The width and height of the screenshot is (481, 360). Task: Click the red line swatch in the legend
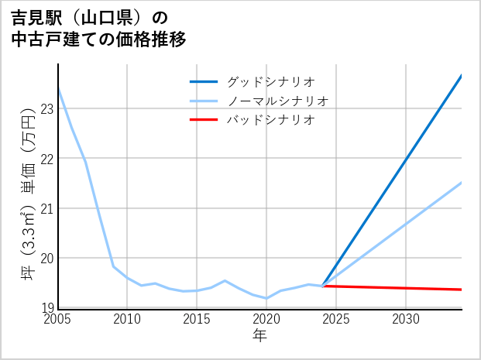[x=204, y=120]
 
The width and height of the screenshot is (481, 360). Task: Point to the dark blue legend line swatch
[x=204, y=81]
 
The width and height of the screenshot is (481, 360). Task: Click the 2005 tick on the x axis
[x=57, y=319]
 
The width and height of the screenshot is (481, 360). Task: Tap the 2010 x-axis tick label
[x=127, y=319]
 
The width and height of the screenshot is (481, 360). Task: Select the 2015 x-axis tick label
[x=197, y=319]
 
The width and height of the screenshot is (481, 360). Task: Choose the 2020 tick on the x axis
[x=266, y=319]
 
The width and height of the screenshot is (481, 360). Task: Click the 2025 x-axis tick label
[x=336, y=319]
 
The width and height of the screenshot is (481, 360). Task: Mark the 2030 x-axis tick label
[x=406, y=319]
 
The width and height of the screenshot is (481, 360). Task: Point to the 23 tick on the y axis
[x=46, y=109]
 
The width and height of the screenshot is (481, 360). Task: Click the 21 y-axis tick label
[x=46, y=208]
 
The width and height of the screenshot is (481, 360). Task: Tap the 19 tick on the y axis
[x=46, y=308]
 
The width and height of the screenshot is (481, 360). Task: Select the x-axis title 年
[x=260, y=336]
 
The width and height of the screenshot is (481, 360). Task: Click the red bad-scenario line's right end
[x=461, y=290]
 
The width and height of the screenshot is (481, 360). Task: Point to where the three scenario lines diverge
[x=322, y=286]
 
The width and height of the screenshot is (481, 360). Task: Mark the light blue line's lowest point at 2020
[x=266, y=298]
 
